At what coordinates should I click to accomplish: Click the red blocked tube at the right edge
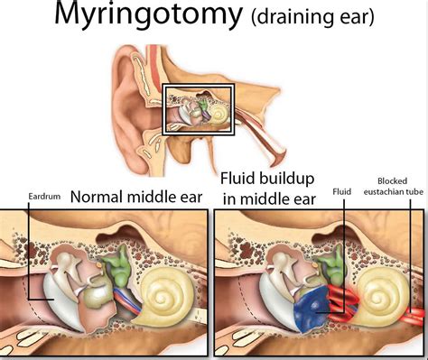click(x=415, y=318)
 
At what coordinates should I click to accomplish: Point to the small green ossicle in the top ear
click(x=206, y=108)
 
